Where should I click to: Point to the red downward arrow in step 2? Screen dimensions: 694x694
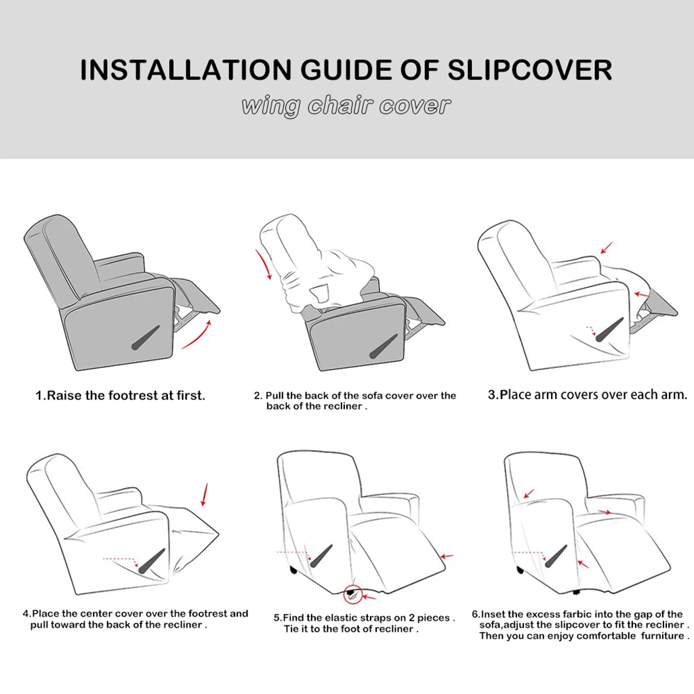click(x=264, y=265)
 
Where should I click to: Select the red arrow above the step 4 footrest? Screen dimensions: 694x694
click(x=204, y=495)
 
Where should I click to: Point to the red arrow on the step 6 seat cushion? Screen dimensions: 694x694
click(x=604, y=512)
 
